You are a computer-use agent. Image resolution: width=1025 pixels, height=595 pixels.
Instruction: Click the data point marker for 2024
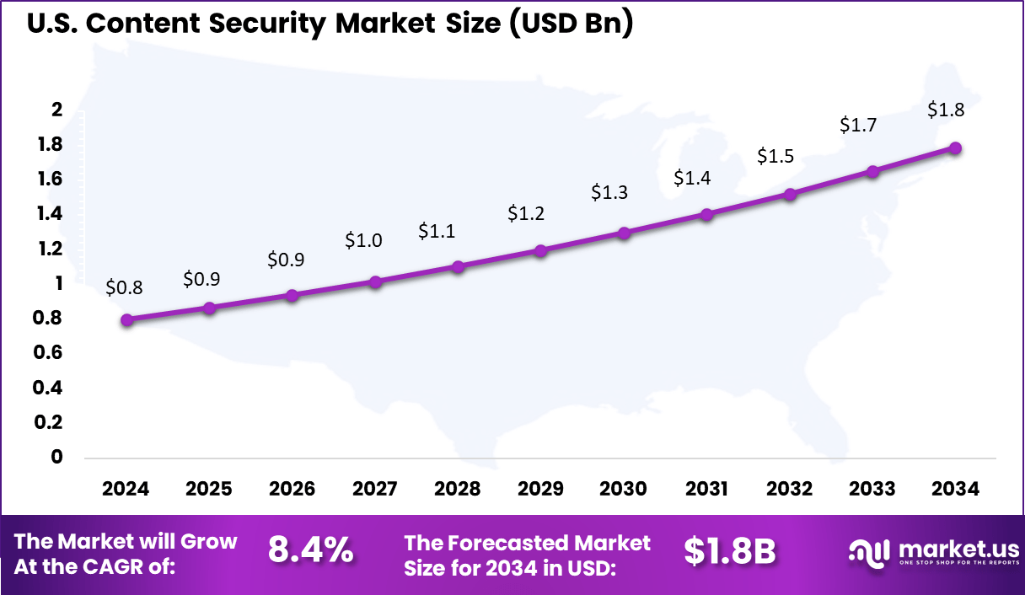126,319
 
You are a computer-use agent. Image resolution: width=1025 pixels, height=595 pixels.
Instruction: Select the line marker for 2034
955,148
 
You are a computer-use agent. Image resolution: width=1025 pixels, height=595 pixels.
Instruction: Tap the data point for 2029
540,250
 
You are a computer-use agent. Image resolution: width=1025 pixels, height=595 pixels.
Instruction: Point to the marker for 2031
706,214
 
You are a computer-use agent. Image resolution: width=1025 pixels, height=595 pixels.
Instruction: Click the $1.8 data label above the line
946,110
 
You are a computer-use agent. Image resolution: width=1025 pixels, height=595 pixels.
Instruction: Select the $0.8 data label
124,287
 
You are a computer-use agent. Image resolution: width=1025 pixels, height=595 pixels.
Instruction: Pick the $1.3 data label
609,192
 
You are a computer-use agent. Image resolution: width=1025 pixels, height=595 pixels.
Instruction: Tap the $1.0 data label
363,240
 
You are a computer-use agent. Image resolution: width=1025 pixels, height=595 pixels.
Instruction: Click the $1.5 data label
775,156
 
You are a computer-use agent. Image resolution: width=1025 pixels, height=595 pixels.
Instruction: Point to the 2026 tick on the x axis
292,490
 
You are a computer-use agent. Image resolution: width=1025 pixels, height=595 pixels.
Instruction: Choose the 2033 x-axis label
872,490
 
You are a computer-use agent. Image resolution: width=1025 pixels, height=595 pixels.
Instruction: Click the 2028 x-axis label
458,490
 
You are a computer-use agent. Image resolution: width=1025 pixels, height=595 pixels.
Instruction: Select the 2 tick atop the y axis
57,110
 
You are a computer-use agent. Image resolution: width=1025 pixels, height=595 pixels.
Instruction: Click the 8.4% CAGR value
310,550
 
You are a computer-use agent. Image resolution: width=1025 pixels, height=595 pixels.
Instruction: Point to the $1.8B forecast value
729,550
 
